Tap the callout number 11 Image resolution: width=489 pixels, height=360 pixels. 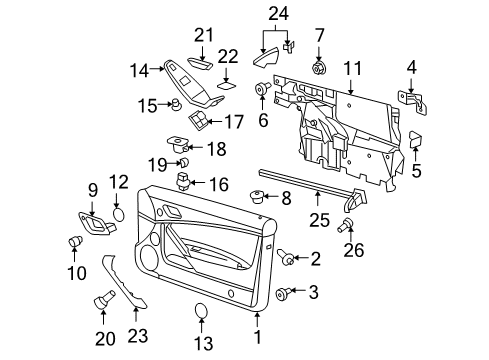[351, 68]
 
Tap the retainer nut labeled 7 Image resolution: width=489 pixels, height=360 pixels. [321, 67]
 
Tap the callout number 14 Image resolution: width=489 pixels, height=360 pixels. [141, 70]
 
